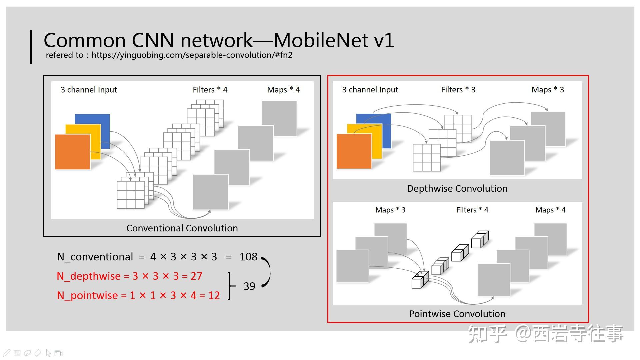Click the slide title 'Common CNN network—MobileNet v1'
(x=219, y=40)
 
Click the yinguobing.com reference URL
(x=192, y=55)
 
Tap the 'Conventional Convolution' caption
(x=182, y=228)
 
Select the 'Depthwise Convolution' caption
(x=457, y=189)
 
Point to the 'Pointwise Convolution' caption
(x=457, y=314)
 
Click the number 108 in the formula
(x=248, y=257)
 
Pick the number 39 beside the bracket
(x=249, y=286)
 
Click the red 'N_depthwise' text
(x=89, y=276)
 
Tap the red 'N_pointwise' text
(x=87, y=296)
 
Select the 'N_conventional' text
(x=95, y=257)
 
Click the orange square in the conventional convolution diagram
(x=73, y=152)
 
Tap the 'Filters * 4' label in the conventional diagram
(x=210, y=90)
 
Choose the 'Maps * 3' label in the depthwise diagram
(x=548, y=90)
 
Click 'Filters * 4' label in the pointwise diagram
(x=472, y=210)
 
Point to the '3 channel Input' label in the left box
(x=89, y=90)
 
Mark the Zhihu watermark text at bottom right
(x=546, y=334)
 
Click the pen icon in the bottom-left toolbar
(x=7, y=353)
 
